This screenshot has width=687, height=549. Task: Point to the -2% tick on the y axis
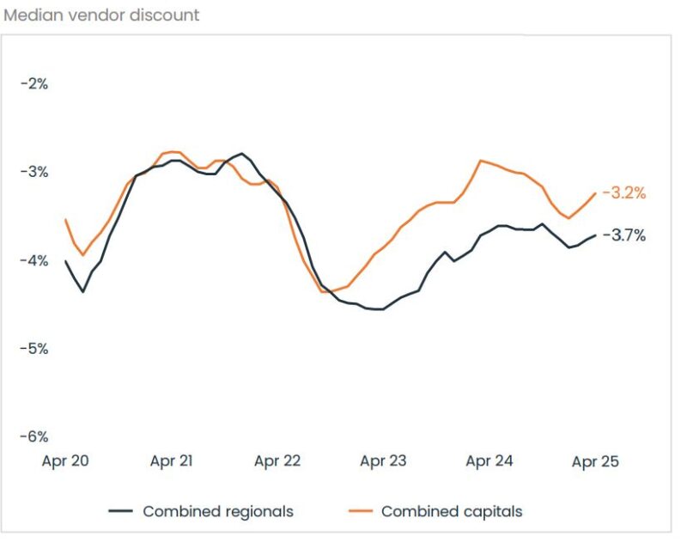point(33,84)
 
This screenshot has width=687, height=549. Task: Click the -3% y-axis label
point(33,172)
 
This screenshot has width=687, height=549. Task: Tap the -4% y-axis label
point(33,260)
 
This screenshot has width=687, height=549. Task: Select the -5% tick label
point(33,349)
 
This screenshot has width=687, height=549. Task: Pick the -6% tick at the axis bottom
point(33,436)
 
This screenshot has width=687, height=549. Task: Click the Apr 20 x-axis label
point(65,461)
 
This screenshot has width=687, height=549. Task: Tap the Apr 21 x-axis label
point(171,461)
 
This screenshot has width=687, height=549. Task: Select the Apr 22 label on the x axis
point(277,461)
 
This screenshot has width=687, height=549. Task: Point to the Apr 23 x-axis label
point(383,461)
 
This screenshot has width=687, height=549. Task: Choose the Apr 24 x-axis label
point(489,461)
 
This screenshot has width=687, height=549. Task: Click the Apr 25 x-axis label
point(595,461)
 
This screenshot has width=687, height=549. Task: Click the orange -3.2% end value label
point(623,193)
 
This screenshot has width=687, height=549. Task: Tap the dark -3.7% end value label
point(623,235)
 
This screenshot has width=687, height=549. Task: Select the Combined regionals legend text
point(218,511)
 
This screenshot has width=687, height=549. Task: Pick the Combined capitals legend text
point(452,511)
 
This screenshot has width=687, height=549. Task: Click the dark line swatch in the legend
point(120,511)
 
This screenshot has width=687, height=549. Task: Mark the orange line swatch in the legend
point(359,511)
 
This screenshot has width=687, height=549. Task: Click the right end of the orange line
point(595,193)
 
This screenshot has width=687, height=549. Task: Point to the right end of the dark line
point(595,235)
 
